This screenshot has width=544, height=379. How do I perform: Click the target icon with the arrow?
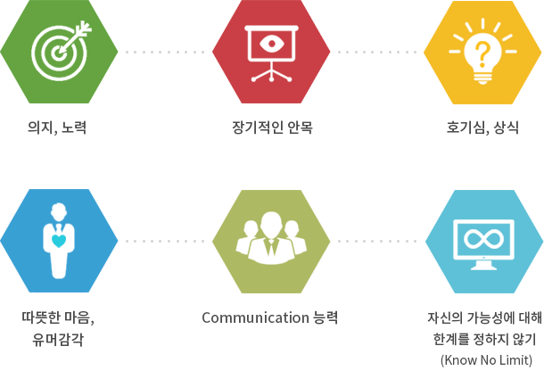pos(60,51)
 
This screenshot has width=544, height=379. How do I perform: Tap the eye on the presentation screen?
pos(272,44)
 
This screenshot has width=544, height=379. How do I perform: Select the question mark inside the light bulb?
pos(482,54)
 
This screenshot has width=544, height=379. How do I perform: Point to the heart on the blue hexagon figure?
pos(59,241)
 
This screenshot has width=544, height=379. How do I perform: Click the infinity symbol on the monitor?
pos(483,238)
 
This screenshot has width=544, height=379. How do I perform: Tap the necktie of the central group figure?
pos(271,247)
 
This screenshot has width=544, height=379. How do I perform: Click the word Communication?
pos(255,317)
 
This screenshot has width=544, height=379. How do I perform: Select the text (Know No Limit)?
pos(486,360)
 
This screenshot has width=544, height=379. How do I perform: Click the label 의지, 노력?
pos(57,128)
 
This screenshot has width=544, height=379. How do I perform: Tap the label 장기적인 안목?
pos(272,128)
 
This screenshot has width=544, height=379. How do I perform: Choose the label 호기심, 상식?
pos(482,128)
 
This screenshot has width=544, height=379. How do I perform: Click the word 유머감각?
pos(58,339)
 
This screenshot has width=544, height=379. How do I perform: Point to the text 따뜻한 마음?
pos(58,317)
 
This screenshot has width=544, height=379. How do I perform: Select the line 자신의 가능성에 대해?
pos(484,317)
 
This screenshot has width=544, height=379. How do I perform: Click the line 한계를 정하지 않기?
pos(484,339)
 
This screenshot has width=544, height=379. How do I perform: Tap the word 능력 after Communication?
pos(326,317)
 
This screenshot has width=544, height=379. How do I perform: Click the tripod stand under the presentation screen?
pos(272,72)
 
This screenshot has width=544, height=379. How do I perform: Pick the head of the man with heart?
pos(59,211)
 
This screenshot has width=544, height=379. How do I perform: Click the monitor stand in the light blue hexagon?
pos(483,265)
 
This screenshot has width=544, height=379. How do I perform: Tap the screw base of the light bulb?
pos(482,78)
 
